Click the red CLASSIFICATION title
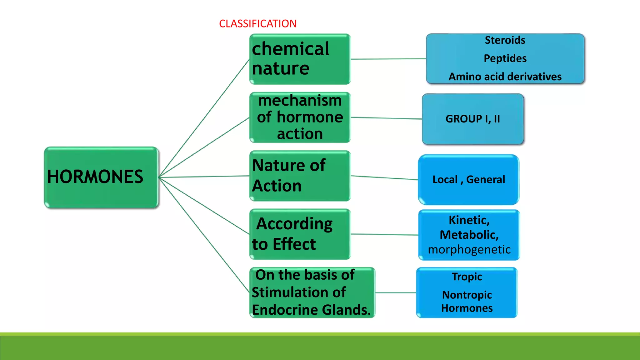(x=257, y=24)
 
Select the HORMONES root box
(x=101, y=177)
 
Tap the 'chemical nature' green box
(x=300, y=59)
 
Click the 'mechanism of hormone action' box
(x=300, y=117)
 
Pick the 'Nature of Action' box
(x=300, y=176)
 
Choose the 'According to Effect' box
(x=300, y=234)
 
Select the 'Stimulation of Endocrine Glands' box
(x=312, y=292)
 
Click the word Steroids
(x=505, y=40)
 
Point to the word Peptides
(x=505, y=58)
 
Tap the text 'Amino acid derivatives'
(x=505, y=77)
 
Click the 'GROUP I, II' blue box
(x=472, y=119)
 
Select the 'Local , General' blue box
(x=468, y=180)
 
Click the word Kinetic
(x=469, y=220)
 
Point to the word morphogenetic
(x=469, y=250)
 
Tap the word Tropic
(x=467, y=277)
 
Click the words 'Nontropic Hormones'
(x=467, y=301)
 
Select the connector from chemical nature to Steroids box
(x=388, y=59)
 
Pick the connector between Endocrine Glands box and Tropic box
(x=396, y=292)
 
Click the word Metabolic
(x=469, y=235)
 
